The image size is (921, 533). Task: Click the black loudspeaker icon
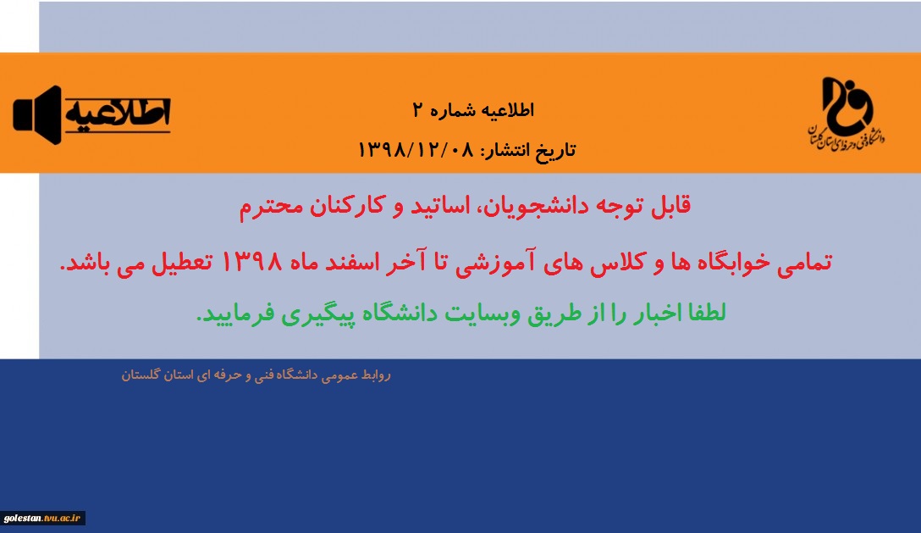coord(37,114)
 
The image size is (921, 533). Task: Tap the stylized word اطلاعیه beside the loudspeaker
coord(118,114)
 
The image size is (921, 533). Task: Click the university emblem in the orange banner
coord(847,113)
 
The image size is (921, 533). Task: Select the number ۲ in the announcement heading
coord(418,110)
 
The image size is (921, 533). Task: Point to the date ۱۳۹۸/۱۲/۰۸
coord(416,150)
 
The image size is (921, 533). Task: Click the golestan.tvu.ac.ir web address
coord(41,519)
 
